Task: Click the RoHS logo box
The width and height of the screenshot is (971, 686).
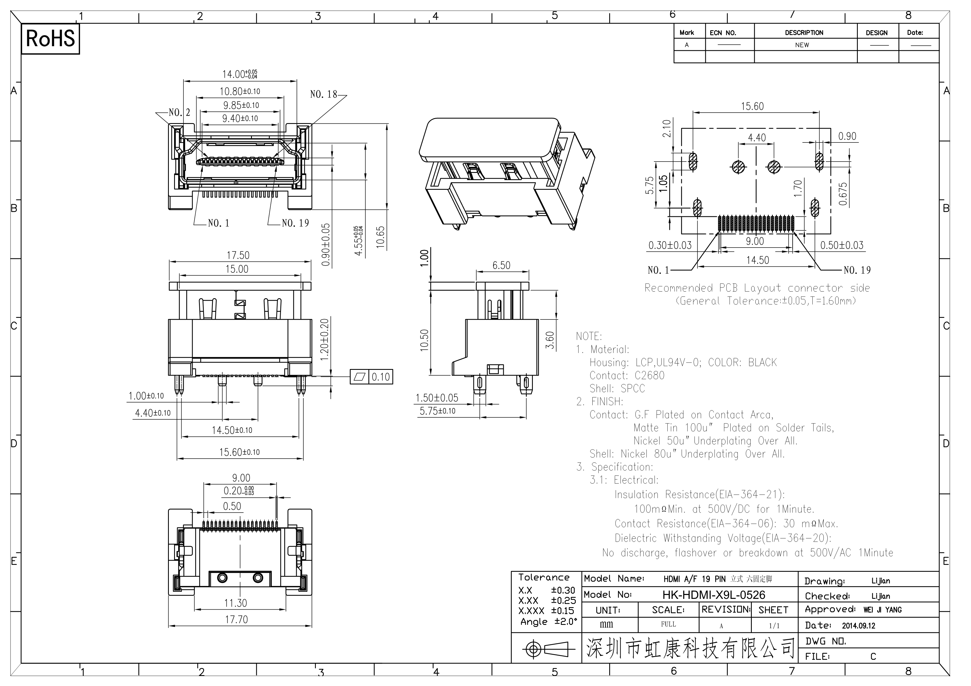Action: coord(50,39)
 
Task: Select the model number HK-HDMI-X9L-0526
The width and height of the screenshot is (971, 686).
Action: coord(714,595)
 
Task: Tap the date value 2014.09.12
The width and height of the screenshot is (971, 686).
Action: coord(859,625)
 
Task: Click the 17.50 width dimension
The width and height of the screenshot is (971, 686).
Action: coord(238,255)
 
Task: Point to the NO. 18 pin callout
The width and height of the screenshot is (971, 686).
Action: coord(324,94)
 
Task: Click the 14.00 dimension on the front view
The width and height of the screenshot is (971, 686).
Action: coord(240,74)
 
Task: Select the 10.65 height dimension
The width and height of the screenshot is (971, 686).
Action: coord(381,237)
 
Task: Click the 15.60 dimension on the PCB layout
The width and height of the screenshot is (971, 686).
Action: coord(752,106)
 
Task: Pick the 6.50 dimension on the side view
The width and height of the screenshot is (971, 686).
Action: coord(502,266)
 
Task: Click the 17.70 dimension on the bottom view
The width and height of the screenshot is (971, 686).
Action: coord(236,620)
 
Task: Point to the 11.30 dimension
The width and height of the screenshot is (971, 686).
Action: coord(236,603)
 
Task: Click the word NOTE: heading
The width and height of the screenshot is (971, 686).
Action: coord(589,336)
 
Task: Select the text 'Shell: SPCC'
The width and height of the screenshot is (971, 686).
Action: coord(618,388)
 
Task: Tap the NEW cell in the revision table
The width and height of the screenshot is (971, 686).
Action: coord(802,45)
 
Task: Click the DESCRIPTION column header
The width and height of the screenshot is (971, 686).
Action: coord(804,33)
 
